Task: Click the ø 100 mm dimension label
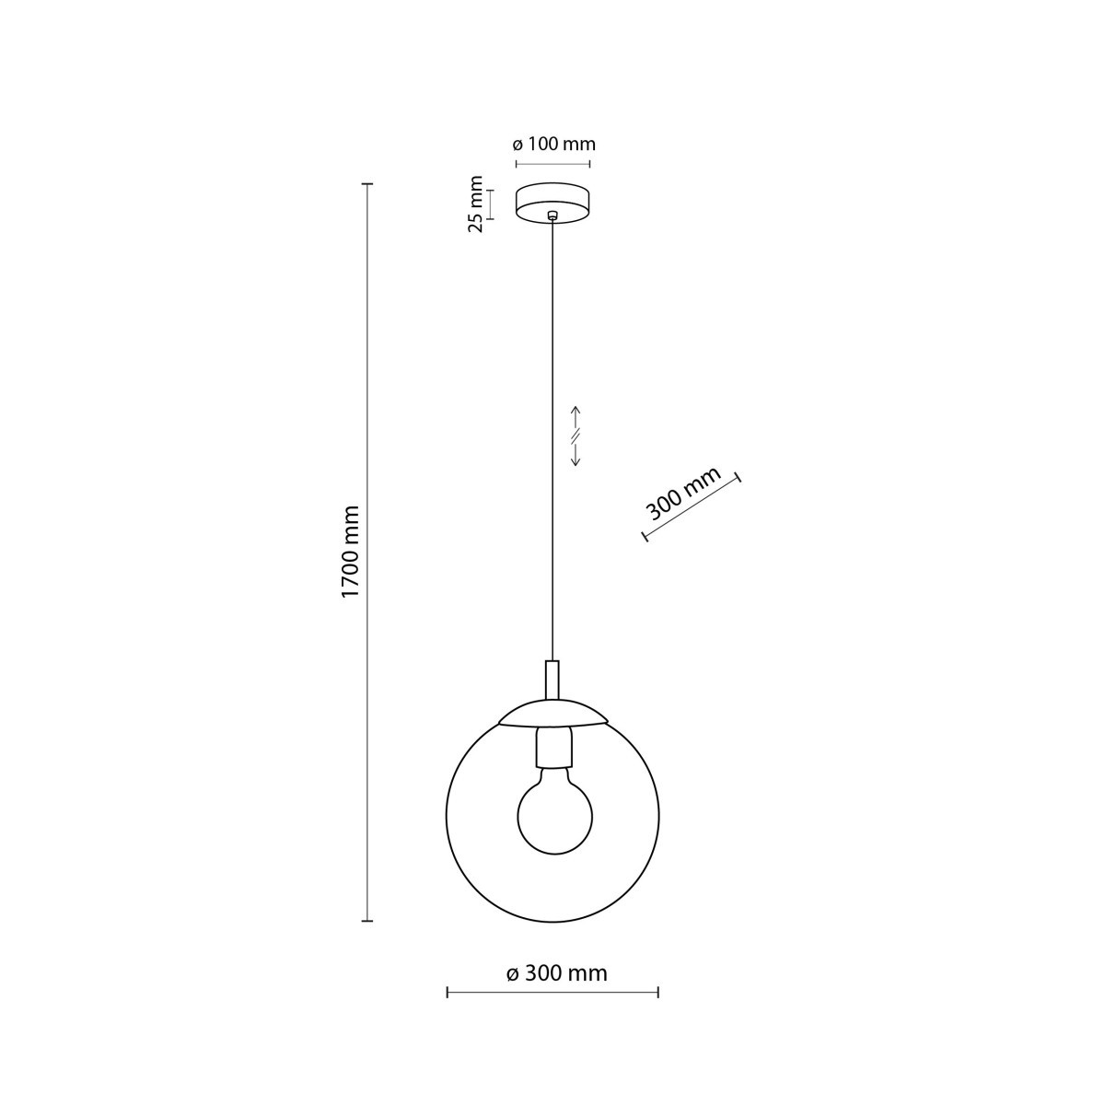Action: click(x=552, y=145)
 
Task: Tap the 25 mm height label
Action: click(x=476, y=204)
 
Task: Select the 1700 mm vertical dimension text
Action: click(x=350, y=552)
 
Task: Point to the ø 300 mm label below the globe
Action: click(x=557, y=973)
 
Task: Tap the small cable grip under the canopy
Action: click(x=552, y=216)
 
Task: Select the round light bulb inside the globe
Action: click(x=554, y=814)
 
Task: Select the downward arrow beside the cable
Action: click(x=576, y=459)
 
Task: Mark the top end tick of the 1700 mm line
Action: click(x=367, y=185)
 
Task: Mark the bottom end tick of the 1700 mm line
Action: click(x=367, y=920)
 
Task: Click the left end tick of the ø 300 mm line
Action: click(x=448, y=992)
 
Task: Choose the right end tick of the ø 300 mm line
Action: click(x=658, y=992)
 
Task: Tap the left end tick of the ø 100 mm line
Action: click(x=516, y=165)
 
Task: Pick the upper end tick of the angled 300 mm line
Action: click(x=739, y=478)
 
